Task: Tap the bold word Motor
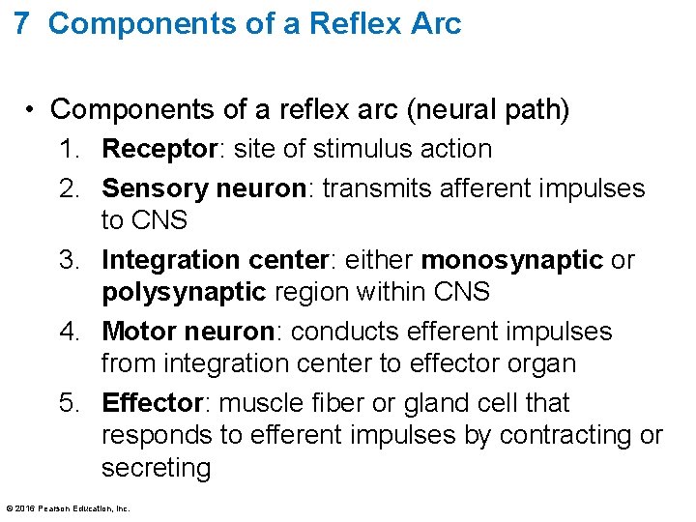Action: pos(136,332)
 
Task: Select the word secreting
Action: pos(156,469)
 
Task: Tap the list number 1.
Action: pos(67,150)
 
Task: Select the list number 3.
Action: pos(67,260)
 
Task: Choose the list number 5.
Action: pos(67,403)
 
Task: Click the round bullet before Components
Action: pos(33,109)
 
